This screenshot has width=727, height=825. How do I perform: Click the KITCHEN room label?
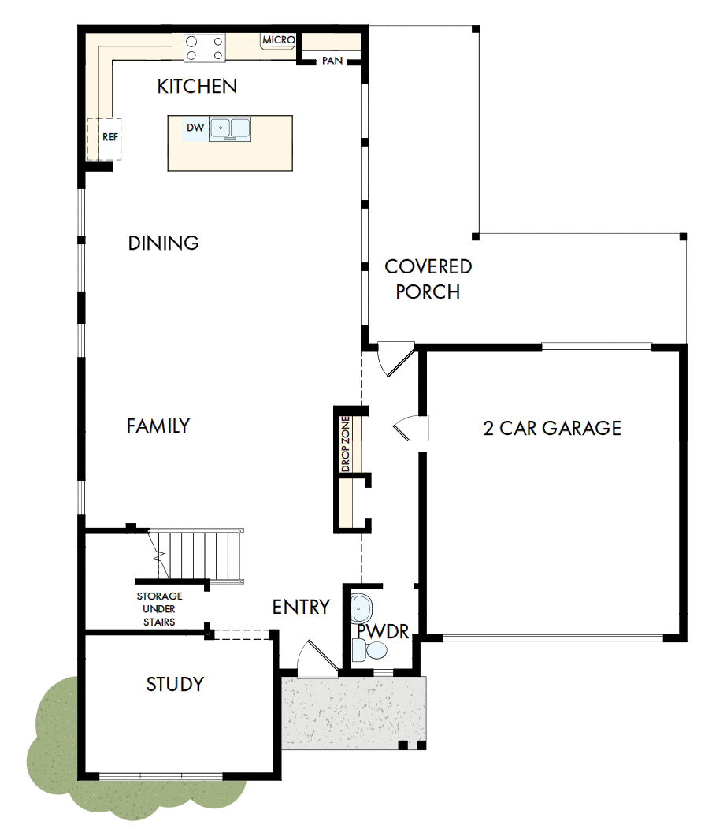pyautogui.click(x=197, y=86)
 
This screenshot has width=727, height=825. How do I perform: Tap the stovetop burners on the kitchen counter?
pyautogui.click(x=205, y=47)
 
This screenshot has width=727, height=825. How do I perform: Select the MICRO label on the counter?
pyautogui.click(x=278, y=39)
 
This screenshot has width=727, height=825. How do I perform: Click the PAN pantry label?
pyautogui.click(x=332, y=61)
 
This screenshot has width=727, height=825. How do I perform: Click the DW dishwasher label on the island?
pyautogui.click(x=195, y=128)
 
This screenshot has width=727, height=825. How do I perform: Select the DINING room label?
pyautogui.click(x=163, y=243)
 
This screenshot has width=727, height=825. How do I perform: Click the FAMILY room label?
pyautogui.click(x=158, y=426)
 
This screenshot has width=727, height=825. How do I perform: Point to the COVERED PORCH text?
pyautogui.click(x=428, y=280)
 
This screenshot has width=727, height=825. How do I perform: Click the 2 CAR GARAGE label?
pyautogui.click(x=552, y=428)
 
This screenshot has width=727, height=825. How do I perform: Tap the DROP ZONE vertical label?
pyautogui.click(x=345, y=444)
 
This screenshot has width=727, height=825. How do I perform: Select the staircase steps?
pyautogui.click(x=197, y=555)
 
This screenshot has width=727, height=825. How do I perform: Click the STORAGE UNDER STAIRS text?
pyautogui.click(x=159, y=609)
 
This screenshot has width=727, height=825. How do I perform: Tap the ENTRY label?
pyautogui.click(x=300, y=607)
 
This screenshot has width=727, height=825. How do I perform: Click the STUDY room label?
pyautogui.click(x=175, y=684)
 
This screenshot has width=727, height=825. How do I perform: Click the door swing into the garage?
pyautogui.click(x=410, y=428)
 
